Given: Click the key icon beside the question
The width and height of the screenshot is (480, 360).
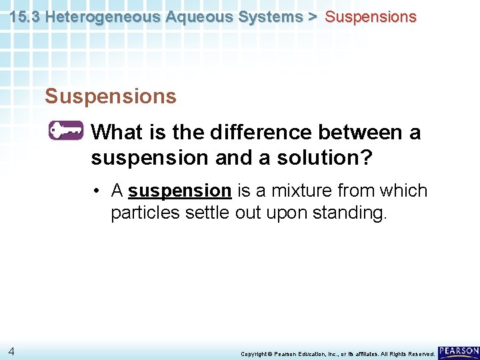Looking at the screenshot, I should pos(66,131).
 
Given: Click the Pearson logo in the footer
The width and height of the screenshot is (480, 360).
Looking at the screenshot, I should pos(459,351).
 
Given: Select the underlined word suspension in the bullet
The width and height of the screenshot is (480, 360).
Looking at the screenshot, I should pos(179,191).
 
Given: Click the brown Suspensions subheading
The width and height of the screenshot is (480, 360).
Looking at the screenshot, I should pos(111,97).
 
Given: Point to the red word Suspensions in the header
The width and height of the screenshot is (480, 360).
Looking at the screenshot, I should pos(371,17).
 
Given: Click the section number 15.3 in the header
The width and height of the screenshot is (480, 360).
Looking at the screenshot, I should pos(25,17).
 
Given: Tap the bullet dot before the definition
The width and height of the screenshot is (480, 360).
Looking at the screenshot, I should pos(97,191).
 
